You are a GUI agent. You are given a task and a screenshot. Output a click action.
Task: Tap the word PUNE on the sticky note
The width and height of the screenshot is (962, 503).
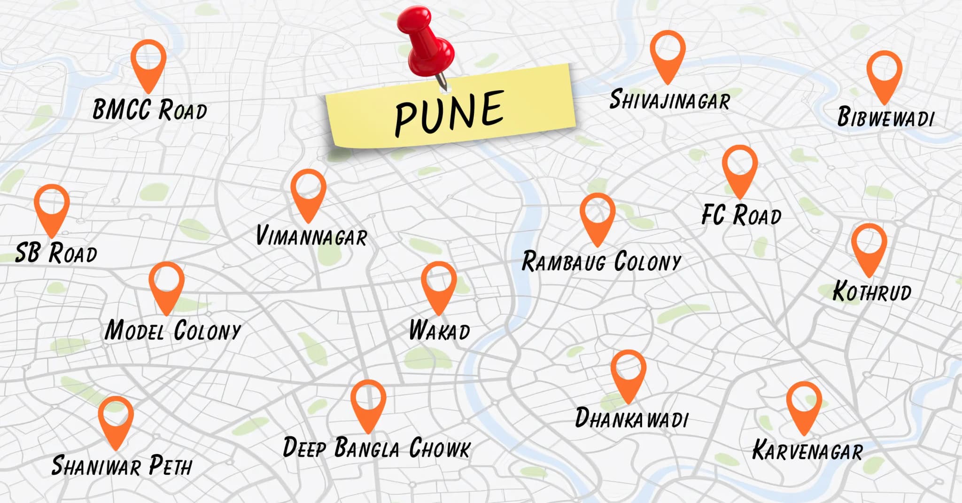coord(450,112)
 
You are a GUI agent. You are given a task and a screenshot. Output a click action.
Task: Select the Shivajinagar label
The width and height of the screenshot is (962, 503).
coord(669,100)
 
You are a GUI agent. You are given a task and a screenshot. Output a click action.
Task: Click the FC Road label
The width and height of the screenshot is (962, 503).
coord(741,215)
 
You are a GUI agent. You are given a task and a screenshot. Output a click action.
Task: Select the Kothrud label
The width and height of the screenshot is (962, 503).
coord(872,291)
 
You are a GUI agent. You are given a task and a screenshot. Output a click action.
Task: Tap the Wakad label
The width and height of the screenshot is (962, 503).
coord(439,330)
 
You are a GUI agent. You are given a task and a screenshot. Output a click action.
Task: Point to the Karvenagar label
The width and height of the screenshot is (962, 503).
coord(807,450)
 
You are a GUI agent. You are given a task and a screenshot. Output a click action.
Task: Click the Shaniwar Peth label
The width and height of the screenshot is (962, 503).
coord(122,465)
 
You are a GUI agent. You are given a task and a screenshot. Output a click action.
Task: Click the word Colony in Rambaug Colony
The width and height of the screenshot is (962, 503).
coord(648,262)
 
